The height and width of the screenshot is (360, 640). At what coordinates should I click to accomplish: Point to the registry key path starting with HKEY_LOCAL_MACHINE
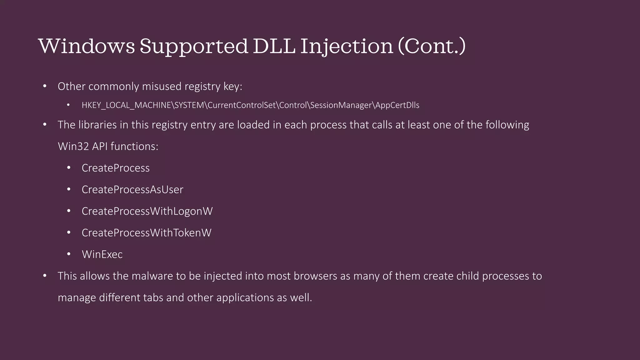pyautogui.click(x=250, y=105)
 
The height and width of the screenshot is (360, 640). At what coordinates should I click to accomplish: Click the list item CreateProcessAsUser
pyautogui.click(x=132, y=190)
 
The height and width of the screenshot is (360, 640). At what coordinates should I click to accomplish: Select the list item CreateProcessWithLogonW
pyautogui.click(x=147, y=211)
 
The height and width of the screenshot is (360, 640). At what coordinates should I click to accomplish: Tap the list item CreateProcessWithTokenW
pyautogui.click(x=146, y=233)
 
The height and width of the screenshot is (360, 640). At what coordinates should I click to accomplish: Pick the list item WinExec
pyautogui.click(x=102, y=254)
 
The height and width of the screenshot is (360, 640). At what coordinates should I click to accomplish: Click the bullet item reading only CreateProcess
pyautogui.click(x=115, y=168)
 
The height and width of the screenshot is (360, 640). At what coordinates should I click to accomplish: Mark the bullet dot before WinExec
pyautogui.click(x=69, y=254)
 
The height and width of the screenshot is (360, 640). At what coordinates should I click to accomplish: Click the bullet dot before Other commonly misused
pyautogui.click(x=45, y=86)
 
